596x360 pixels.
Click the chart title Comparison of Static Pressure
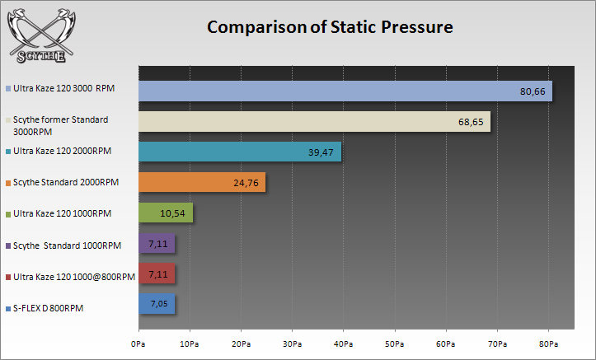tap(330, 28)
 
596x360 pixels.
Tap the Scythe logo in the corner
tap(39, 34)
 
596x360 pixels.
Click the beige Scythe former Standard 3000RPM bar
tap(314, 121)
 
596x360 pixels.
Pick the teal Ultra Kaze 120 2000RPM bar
tap(239, 152)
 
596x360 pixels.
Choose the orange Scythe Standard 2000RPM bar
tap(201, 182)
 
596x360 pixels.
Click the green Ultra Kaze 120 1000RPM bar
tap(165, 213)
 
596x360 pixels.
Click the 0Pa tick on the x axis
tap(138, 342)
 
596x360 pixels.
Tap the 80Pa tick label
tap(549, 342)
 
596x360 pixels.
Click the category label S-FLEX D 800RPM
tap(49, 308)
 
